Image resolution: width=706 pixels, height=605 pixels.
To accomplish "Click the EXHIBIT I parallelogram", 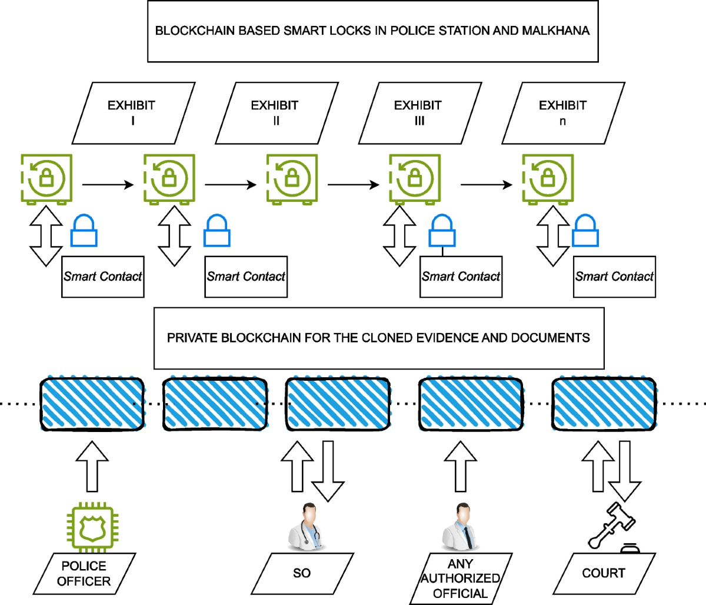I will (x=133, y=113).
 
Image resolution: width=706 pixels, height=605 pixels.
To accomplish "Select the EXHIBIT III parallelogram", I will (x=419, y=113).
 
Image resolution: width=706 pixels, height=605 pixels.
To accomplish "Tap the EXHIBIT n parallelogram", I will (x=563, y=113).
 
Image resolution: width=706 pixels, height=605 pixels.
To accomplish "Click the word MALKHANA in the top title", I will (x=555, y=31).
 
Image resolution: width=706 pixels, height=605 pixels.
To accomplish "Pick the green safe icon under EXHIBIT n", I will (x=548, y=178).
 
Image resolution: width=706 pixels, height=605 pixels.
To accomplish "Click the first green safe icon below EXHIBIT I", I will (x=46, y=178).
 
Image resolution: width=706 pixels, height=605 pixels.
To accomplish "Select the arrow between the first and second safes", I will (x=108, y=185).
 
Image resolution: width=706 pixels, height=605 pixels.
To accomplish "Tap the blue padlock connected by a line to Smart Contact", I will (x=442, y=231).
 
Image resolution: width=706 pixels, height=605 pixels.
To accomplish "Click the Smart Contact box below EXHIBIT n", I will (x=614, y=277).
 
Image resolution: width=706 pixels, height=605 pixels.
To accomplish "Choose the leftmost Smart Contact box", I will (x=103, y=277).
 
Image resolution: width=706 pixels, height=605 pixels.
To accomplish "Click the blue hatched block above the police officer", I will (x=92, y=404).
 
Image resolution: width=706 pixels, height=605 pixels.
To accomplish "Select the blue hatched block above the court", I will (x=604, y=404).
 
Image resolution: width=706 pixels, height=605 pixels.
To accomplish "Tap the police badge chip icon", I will (x=89, y=526).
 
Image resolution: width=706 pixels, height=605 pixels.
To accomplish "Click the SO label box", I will (x=302, y=573).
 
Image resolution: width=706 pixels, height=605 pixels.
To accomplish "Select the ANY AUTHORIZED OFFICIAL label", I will (x=460, y=579).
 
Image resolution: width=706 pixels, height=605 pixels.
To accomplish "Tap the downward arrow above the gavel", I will (x=624, y=470).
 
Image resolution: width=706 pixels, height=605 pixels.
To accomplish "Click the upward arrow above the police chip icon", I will (x=92, y=466).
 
